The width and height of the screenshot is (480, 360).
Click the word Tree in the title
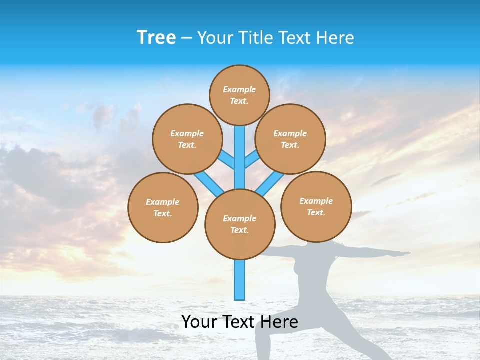tap(156, 38)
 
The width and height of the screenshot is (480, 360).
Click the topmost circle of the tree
tap(239, 95)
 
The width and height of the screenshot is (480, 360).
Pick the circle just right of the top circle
tap(290, 139)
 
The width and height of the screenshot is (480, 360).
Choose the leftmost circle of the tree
tap(163, 207)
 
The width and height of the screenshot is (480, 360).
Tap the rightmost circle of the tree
tap(316, 206)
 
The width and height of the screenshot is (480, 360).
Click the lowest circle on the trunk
tap(240, 224)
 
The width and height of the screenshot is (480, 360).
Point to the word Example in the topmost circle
tap(239, 89)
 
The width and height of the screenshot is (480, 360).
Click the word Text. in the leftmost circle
tap(163, 213)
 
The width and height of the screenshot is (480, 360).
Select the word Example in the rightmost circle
tap(316, 201)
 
